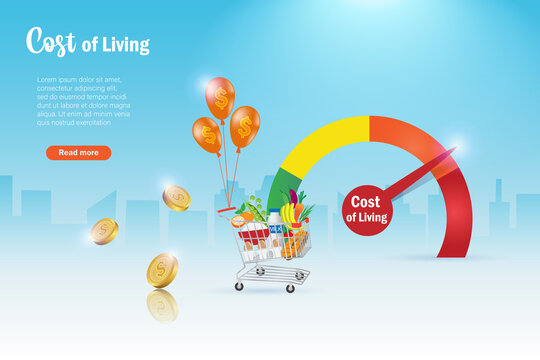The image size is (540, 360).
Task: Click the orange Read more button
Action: [x=78, y=153]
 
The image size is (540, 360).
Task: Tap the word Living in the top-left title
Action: [x=128, y=45]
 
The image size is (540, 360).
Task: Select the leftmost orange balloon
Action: [x=207, y=134]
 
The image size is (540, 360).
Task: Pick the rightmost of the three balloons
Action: [x=244, y=126]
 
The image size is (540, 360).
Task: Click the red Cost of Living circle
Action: [x=367, y=209]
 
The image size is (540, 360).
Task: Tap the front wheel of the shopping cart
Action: [x=290, y=288]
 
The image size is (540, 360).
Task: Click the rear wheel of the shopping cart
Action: [x=239, y=286]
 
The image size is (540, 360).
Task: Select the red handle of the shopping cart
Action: [x=227, y=212]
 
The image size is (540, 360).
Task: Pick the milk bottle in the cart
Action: [x=274, y=231]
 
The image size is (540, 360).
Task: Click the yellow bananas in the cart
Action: [x=289, y=214]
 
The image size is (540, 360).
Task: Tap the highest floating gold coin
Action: [x=177, y=197]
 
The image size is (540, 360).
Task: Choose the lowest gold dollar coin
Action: [x=162, y=270]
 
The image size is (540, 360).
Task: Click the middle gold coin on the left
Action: [x=104, y=231]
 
